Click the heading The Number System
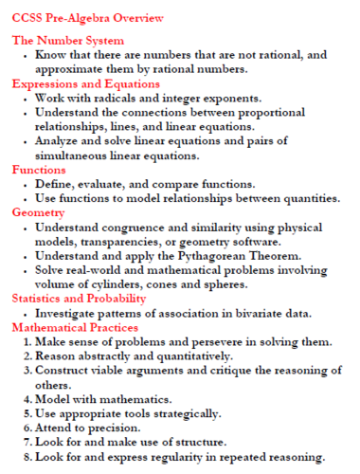click(67, 40)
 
